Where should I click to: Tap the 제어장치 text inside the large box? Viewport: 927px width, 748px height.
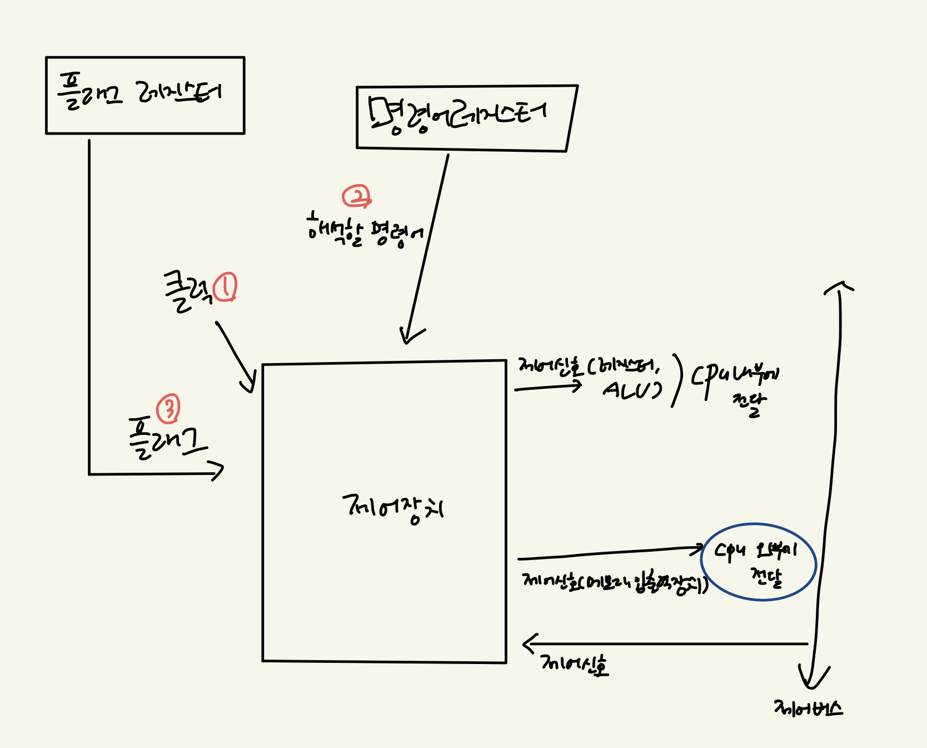(393, 508)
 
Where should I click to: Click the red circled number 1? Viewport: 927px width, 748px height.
(226, 287)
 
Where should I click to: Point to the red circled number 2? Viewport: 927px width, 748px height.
(356, 196)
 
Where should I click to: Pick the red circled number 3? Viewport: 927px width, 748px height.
(168, 409)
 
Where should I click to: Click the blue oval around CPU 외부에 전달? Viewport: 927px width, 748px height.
(759, 562)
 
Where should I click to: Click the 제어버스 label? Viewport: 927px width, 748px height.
(808, 709)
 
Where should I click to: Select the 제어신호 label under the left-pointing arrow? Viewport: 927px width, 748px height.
(574, 664)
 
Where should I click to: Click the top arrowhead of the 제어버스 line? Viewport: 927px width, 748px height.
(839, 286)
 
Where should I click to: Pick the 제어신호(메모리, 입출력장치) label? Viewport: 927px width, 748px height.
(614, 583)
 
